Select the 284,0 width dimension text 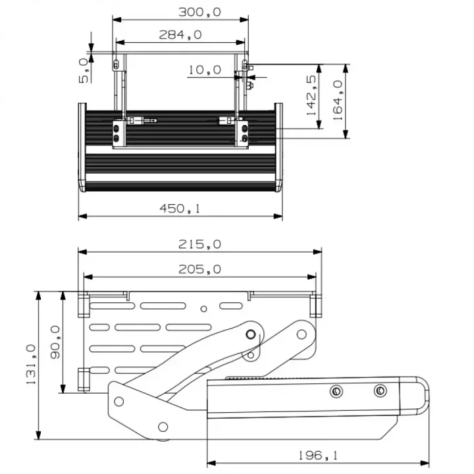coord(180,35)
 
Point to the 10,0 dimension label coord(204,70)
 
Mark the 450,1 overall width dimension coord(180,209)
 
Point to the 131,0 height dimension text coord(30,366)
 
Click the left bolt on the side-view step coord(336,391)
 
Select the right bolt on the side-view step coord(380,391)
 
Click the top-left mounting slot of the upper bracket coord(117,64)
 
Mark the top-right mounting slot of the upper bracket coord(245,64)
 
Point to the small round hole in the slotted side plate coord(205,308)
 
